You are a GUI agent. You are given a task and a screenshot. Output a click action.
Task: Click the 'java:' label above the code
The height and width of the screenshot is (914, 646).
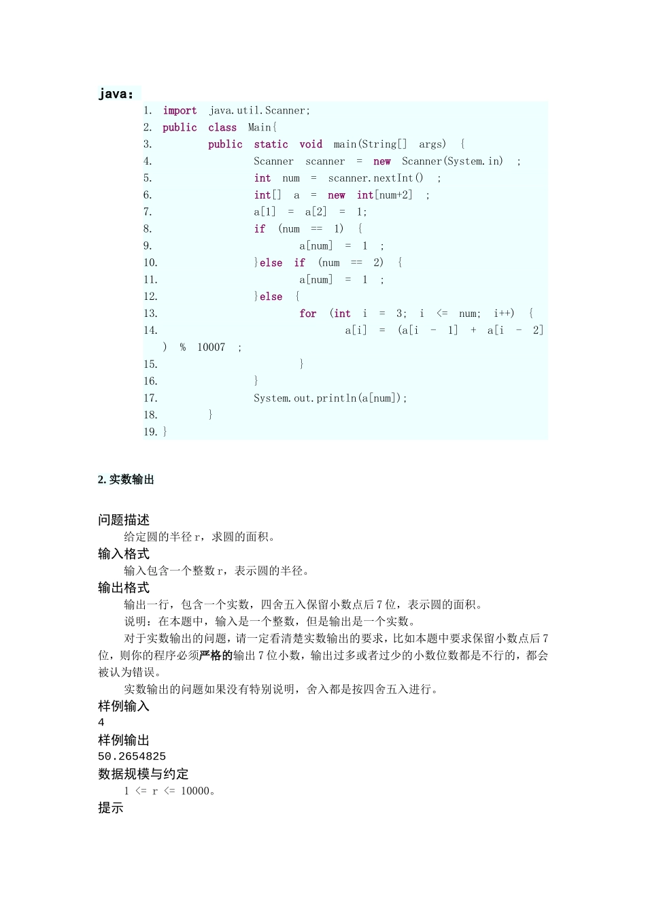[x=116, y=94]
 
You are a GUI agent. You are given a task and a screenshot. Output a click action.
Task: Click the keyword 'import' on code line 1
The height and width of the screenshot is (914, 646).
[x=180, y=110]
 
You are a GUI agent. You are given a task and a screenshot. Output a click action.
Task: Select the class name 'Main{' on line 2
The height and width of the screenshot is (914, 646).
[x=262, y=127]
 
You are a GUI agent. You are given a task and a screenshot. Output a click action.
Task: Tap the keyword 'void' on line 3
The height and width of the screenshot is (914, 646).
[x=311, y=144]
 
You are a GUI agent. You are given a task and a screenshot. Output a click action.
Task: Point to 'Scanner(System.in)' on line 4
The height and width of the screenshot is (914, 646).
[x=452, y=161]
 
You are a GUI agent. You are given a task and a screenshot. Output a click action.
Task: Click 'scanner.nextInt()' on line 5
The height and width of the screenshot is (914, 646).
[x=375, y=178]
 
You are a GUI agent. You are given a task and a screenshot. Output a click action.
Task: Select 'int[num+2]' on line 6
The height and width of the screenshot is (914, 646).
[x=384, y=195]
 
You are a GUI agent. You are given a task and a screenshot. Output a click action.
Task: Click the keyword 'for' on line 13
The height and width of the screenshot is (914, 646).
[x=308, y=314]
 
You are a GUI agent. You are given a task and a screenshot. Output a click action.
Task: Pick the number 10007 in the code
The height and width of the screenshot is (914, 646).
[x=211, y=348]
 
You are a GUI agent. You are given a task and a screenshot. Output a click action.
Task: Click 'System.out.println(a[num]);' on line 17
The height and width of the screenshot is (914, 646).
[x=330, y=399]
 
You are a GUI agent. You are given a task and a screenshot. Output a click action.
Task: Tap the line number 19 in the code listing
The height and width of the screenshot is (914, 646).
[x=150, y=432]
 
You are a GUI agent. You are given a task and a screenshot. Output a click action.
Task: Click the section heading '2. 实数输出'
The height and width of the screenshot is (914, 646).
[x=126, y=479]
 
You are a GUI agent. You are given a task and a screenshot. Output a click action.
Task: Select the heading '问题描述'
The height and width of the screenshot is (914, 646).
[x=124, y=520]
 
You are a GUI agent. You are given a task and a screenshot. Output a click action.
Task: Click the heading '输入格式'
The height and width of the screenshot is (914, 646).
[x=124, y=554]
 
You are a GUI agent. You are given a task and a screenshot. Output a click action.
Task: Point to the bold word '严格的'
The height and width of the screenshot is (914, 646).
[x=216, y=656]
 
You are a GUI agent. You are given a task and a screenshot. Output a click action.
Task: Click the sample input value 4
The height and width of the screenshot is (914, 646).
[x=101, y=722]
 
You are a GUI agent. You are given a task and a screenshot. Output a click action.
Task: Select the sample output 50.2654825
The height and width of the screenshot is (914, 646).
[x=132, y=756]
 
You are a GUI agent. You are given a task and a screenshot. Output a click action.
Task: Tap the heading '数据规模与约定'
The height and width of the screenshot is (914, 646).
[x=143, y=774]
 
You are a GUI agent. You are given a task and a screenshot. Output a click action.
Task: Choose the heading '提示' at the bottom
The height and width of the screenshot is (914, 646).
[x=111, y=808]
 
